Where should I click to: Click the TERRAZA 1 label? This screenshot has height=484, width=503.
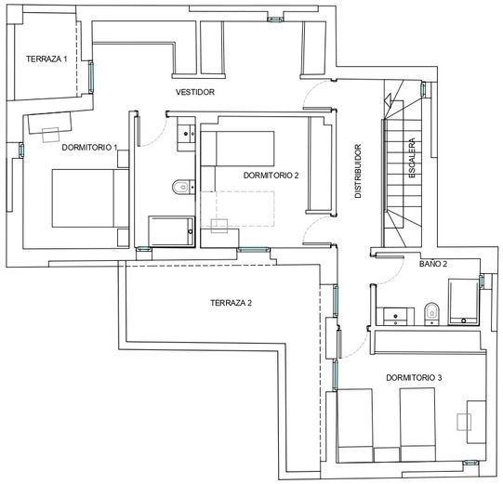coord(46,59)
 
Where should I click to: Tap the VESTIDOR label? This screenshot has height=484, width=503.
coord(195,92)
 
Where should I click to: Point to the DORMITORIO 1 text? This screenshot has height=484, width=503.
coord(89,148)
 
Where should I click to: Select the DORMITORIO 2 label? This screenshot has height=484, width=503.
coord(271,176)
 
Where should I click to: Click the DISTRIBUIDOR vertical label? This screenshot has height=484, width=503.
coord(358,171)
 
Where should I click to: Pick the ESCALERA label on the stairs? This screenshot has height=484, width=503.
coord(412,158)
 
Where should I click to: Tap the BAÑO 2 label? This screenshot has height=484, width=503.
coord(433,264)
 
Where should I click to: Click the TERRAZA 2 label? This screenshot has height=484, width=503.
coord(231,303)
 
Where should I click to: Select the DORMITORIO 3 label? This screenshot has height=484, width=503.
coord(414,377)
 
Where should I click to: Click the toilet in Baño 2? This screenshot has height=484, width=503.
coord(431,313)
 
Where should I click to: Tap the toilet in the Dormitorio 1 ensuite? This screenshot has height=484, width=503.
coord(184,187)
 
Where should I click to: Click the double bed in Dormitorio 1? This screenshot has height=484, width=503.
coord(90,199)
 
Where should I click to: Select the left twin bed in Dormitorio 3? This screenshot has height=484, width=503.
coord(355,425)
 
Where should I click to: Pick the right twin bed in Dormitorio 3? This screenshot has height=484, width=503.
coord(417,425)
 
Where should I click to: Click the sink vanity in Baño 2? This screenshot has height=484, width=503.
coord(395,317)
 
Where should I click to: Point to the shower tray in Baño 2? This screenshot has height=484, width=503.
coord(463,302)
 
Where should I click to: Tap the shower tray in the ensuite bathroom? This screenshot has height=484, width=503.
coord(172,231)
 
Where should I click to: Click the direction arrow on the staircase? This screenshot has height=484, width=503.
coord(390,99)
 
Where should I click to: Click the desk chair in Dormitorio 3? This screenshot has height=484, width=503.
coord(464,422)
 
